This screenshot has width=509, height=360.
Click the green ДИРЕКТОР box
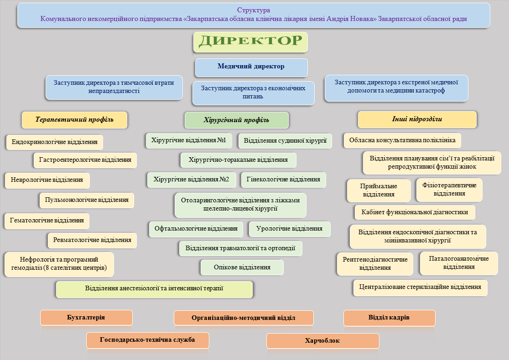click(x=250, y=42)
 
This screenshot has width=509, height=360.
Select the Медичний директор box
click(x=251, y=67)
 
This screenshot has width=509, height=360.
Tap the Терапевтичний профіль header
click(x=74, y=120)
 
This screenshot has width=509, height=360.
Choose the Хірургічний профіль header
click(x=236, y=120)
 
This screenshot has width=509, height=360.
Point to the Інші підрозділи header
click(x=417, y=119)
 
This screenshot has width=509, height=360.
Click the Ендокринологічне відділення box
click(x=55, y=142)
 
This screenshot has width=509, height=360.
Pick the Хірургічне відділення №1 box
click(x=189, y=140)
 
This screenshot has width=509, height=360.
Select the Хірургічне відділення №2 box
click(x=191, y=180)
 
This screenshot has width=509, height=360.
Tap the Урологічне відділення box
click(x=289, y=229)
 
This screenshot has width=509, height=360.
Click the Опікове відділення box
click(x=242, y=267)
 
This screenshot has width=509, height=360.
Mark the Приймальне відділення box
click(x=379, y=190)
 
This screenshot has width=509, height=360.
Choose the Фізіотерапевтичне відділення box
click(x=449, y=190)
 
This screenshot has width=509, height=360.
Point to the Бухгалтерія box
click(x=86, y=318)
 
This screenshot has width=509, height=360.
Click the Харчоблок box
click(x=322, y=341)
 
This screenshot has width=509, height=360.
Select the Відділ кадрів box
click(x=389, y=318)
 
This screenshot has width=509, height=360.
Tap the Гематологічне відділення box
click(x=47, y=221)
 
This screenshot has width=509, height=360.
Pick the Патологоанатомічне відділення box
click(x=459, y=263)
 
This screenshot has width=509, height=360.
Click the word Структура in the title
click(x=254, y=10)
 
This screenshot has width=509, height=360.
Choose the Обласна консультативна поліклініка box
click(x=402, y=140)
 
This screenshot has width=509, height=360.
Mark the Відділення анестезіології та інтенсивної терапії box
click(x=154, y=289)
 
